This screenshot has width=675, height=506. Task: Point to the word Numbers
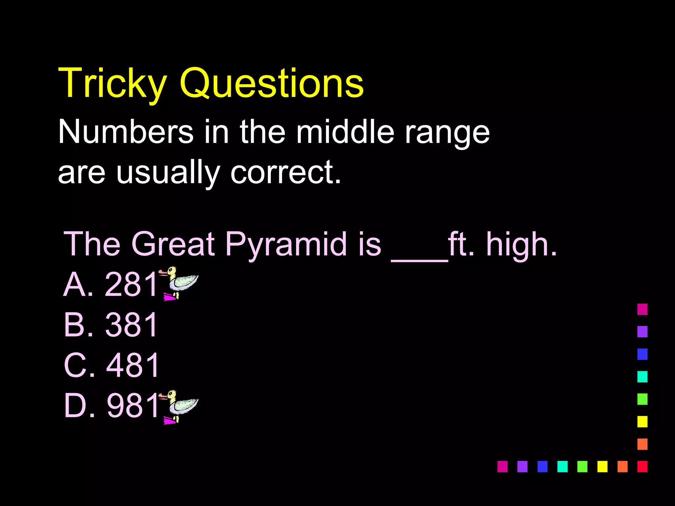[x=126, y=132]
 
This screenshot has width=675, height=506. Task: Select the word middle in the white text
[x=345, y=132]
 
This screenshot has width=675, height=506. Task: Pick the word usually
[x=168, y=173]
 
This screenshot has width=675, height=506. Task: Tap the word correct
[x=285, y=173]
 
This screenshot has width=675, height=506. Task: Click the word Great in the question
[x=173, y=244]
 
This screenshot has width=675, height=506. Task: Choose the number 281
[x=132, y=285]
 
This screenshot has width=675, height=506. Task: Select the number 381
[x=132, y=325]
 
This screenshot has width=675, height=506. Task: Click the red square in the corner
[x=642, y=466]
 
